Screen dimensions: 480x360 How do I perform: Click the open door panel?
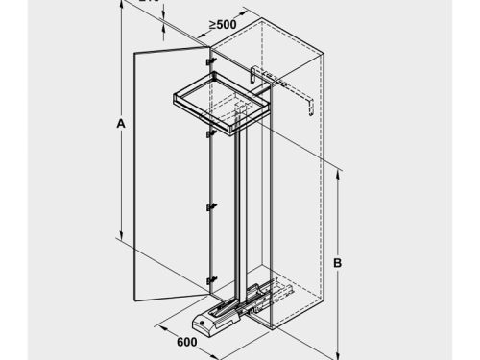(168, 173)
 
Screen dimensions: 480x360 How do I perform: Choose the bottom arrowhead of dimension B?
(339, 351)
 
